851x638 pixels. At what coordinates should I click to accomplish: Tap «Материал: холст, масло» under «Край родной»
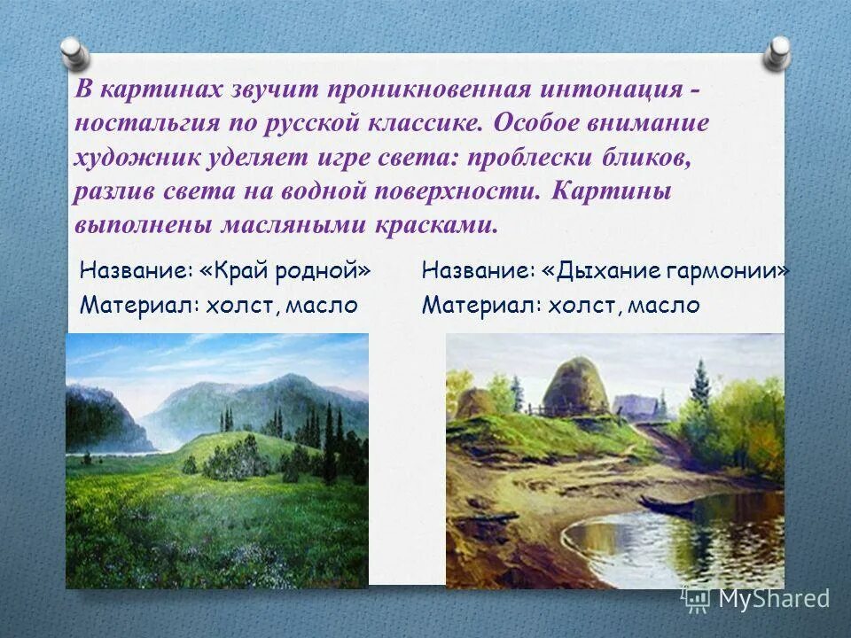[x=219, y=306]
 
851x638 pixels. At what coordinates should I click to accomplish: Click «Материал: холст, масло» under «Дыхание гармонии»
[x=561, y=306]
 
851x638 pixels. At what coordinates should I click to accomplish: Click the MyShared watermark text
[x=773, y=599]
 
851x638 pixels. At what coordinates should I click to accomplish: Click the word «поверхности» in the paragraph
[x=467, y=191]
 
